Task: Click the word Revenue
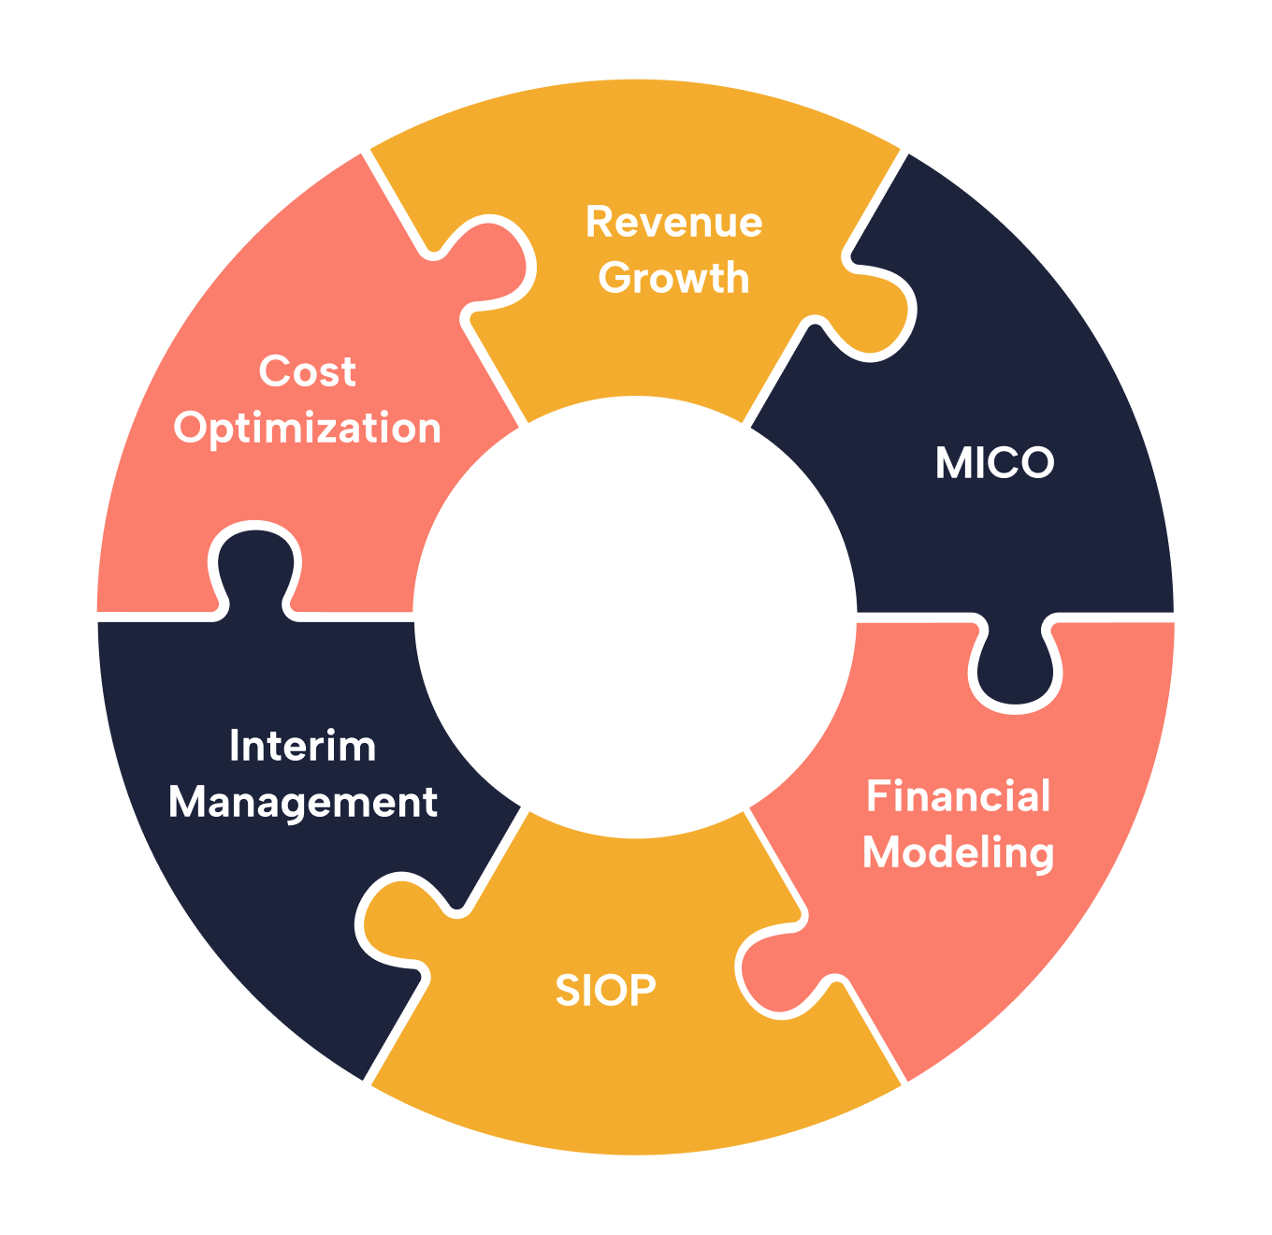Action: click(673, 223)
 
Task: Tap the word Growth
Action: click(673, 279)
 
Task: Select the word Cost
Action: click(307, 371)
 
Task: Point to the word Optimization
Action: click(307, 429)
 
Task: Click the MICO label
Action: click(994, 463)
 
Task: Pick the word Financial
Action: click(958, 796)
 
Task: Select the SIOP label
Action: click(605, 990)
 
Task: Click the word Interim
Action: click(302, 746)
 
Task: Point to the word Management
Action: click(302, 803)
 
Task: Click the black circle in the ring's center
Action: click(635, 616)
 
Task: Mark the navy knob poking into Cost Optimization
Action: click(254, 561)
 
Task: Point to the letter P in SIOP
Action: click(643, 990)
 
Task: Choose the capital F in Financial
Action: click(877, 796)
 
